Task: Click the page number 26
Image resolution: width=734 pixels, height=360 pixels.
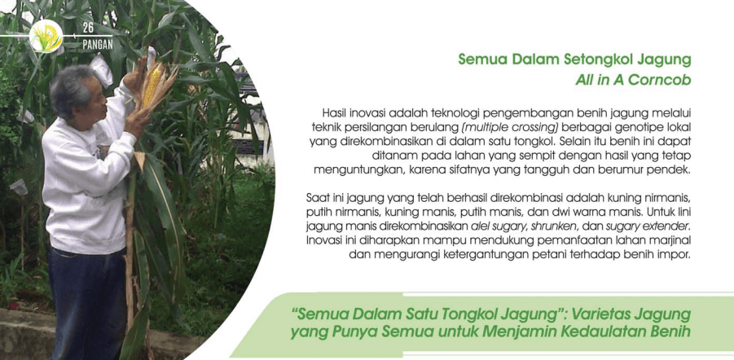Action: coord(88,28)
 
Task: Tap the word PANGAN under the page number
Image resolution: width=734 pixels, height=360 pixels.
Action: coord(98,46)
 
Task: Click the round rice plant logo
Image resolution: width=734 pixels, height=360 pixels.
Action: coord(46,36)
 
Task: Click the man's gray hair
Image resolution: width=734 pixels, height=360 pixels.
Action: coord(70,89)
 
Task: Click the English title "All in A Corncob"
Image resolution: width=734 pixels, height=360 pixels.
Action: coord(633,80)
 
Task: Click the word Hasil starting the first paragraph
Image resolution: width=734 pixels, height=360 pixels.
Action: coord(333,113)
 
